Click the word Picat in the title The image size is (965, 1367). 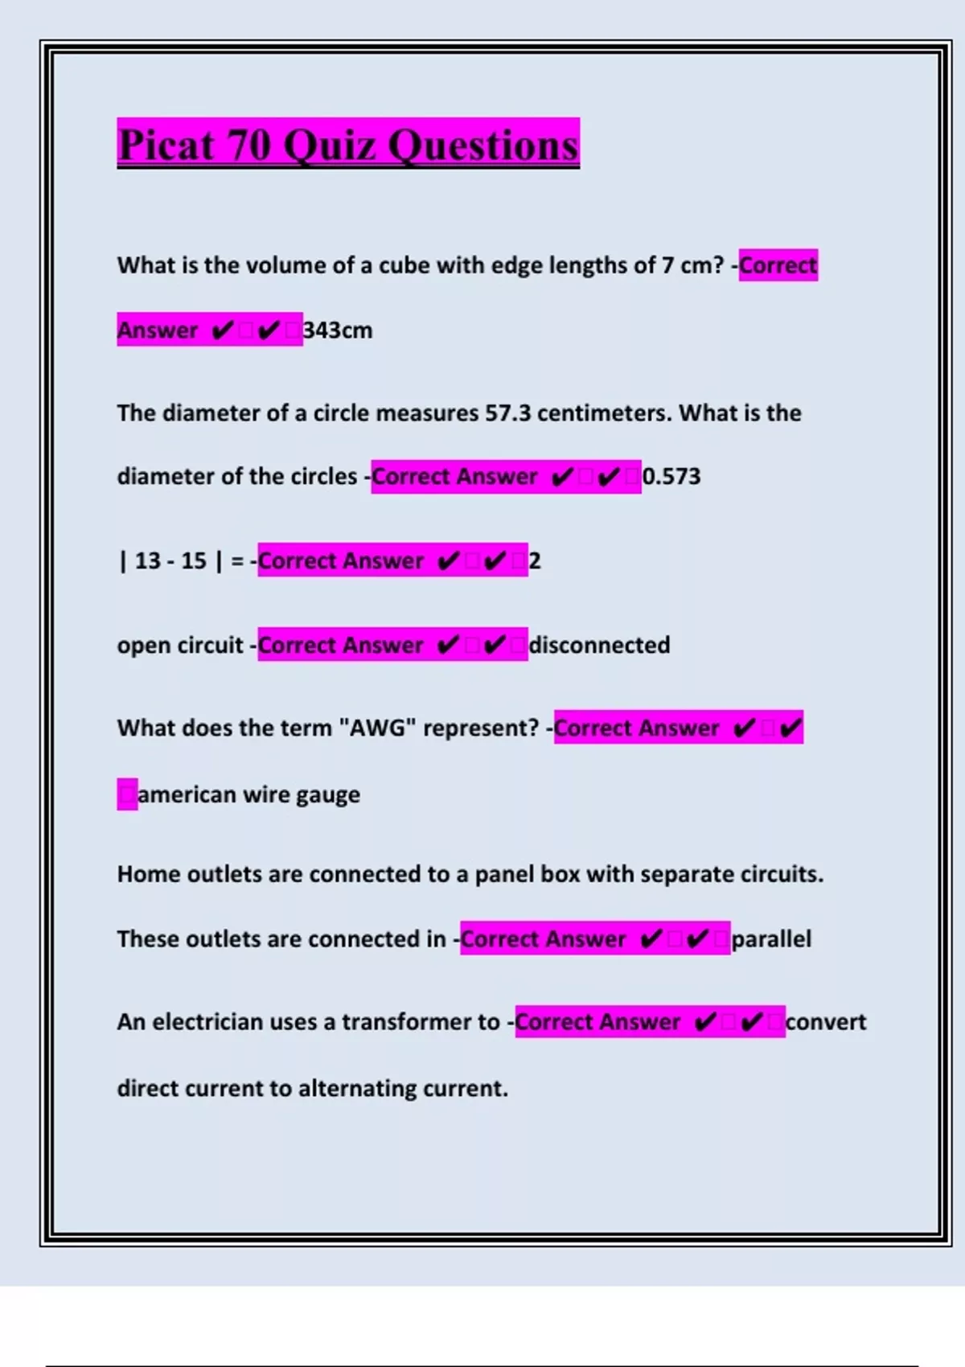pos(167,146)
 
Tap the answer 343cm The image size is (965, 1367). pos(338,330)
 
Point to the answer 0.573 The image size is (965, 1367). pos(671,477)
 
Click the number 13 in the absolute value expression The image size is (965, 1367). pos(148,560)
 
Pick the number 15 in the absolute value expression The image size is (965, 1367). pos(194,560)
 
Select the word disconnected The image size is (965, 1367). pos(600,645)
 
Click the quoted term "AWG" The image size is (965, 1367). pos(377,728)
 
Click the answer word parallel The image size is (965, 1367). pos(771,939)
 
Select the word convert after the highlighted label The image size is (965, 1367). pos(826,1022)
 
